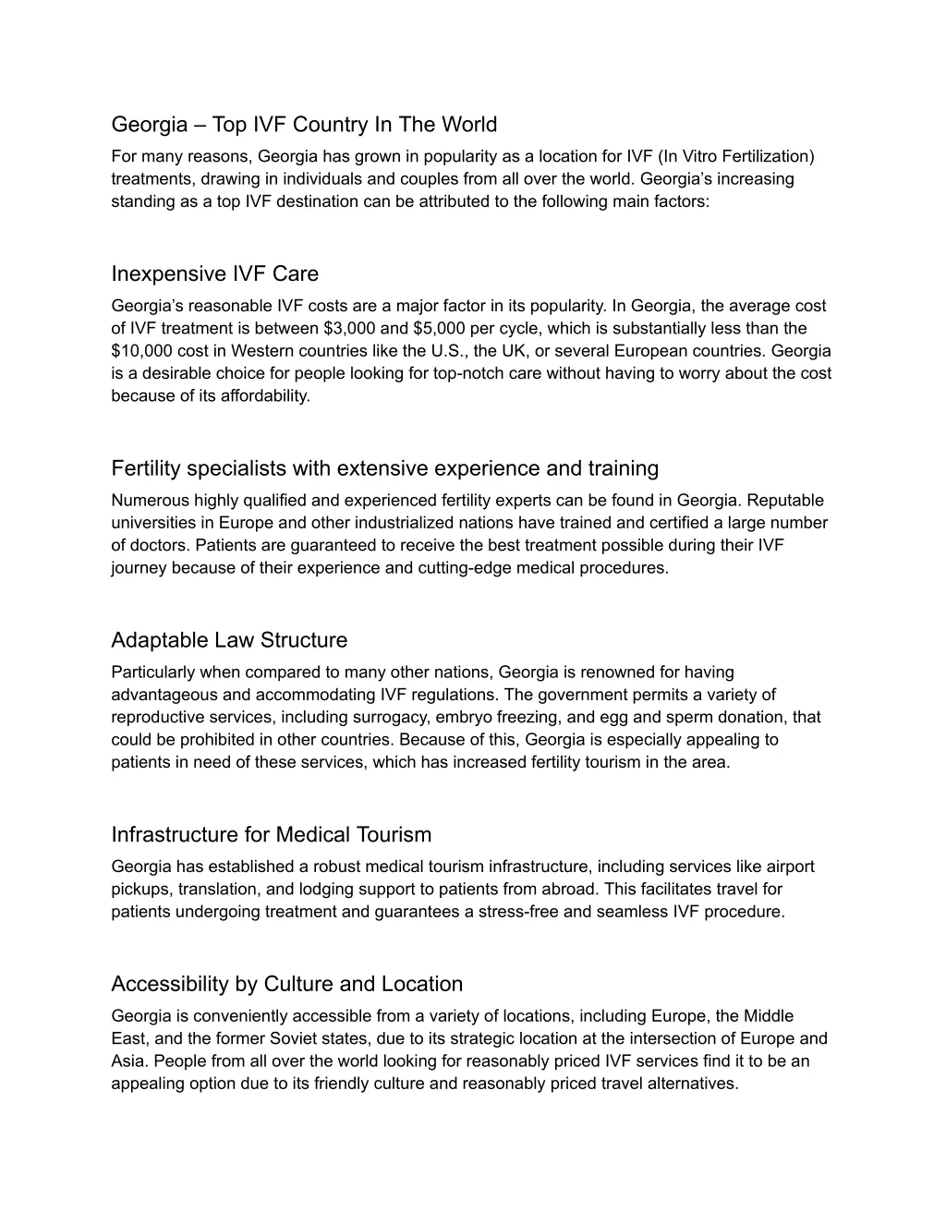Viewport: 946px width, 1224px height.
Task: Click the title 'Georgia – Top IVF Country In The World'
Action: coord(304,125)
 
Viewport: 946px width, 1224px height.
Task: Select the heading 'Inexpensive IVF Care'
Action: coord(214,274)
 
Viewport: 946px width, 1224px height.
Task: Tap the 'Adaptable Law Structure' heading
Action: coord(229,640)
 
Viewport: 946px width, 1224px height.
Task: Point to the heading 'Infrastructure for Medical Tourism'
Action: coord(272,835)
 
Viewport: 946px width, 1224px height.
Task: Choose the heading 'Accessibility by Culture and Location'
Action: coord(286,984)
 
